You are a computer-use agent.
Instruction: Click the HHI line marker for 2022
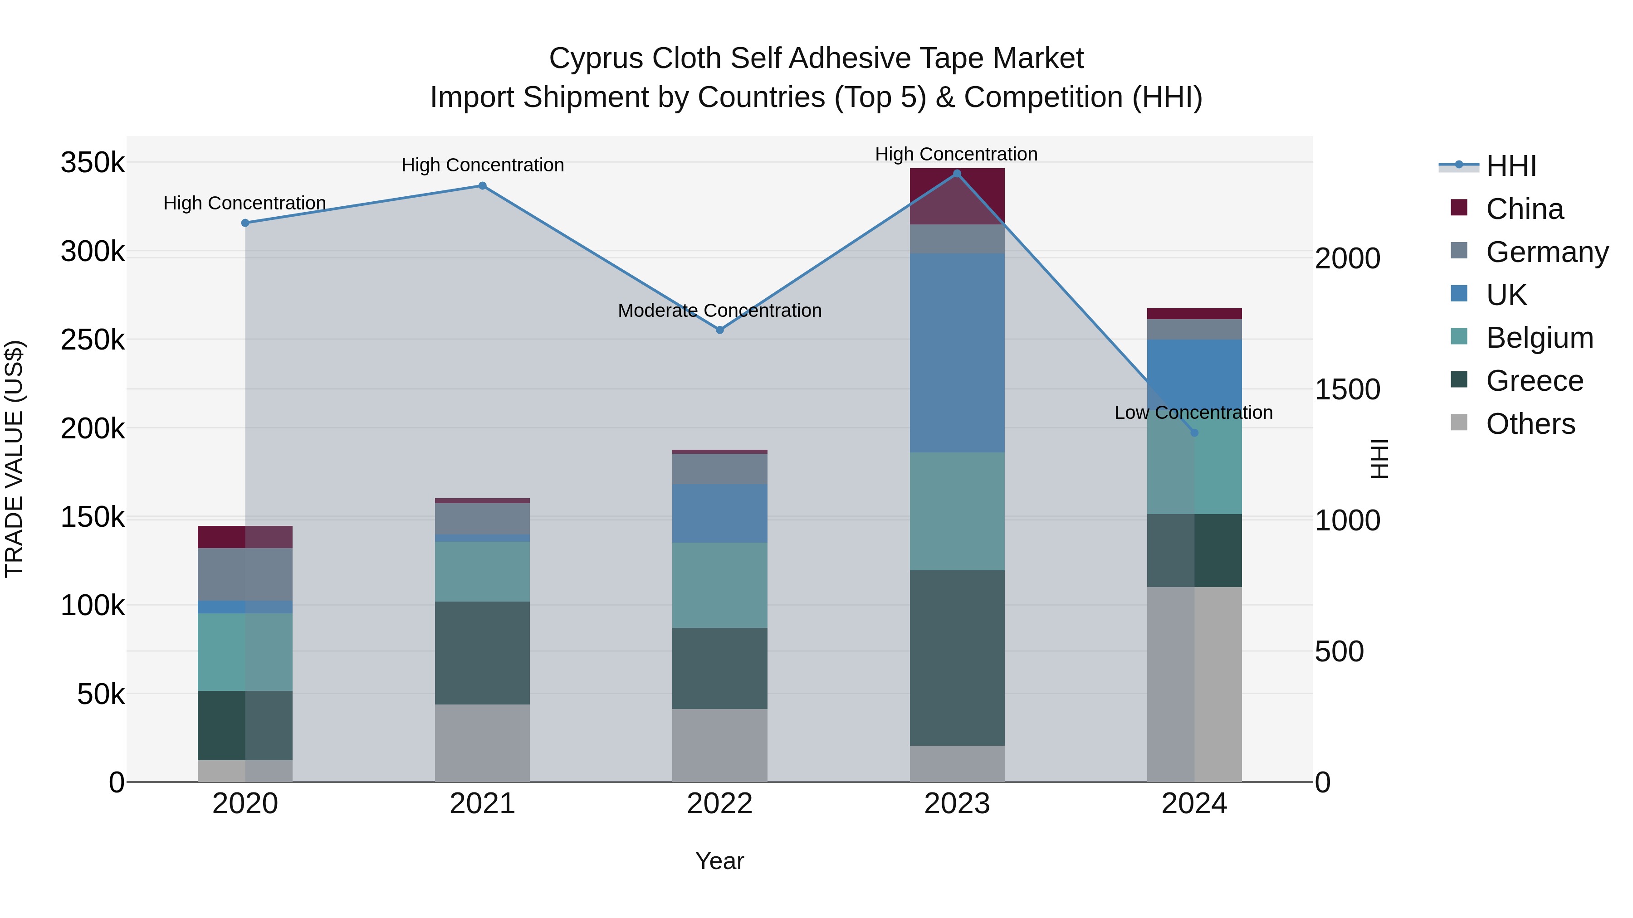719,330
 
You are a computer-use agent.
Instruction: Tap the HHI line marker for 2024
1194,433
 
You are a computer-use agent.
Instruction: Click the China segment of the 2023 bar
957,196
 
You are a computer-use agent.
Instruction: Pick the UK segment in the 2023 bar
957,353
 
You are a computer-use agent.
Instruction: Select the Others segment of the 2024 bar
1194,684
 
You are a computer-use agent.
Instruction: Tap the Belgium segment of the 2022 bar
719,585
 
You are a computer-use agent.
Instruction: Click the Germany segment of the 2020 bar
245,574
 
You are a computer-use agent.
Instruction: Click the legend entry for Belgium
1539,338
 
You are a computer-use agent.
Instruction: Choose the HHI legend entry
1511,166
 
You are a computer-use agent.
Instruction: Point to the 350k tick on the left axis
93,163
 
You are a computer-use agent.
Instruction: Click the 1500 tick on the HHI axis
1347,389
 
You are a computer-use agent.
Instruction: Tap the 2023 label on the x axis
957,804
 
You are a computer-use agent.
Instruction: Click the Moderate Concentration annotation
719,311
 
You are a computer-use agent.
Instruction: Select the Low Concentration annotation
1193,413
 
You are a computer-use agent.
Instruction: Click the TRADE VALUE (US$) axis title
14,459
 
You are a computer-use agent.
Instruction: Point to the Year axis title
719,861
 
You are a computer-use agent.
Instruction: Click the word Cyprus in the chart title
595,58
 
